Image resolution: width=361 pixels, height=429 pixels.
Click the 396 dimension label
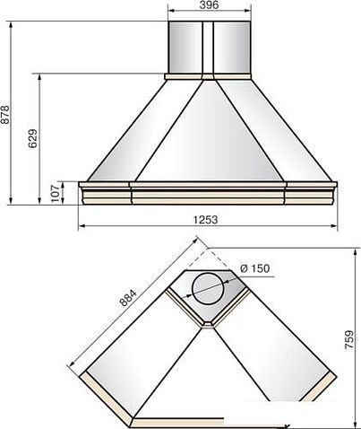point(209,4)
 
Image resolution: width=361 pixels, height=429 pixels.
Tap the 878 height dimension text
point(5,114)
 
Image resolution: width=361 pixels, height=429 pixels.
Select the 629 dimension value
point(33,138)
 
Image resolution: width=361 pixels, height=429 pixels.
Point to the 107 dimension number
point(56,193)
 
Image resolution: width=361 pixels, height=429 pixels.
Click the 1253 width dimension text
point(205,220)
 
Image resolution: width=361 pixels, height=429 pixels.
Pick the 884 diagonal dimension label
point(128,298)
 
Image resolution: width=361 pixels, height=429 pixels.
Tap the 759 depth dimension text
point(349,339)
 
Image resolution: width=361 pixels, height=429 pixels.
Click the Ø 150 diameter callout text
point(254,268)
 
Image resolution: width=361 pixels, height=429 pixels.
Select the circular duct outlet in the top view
point(208,289)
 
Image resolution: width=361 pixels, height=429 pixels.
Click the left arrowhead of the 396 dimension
point(171,11)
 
